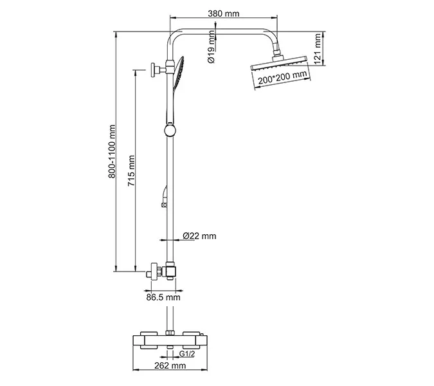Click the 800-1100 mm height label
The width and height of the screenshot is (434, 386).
(111, 151)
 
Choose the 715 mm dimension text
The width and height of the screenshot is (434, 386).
(131, 170)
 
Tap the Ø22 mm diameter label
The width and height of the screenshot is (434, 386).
(199, 236)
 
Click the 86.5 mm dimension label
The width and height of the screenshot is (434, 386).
(163, 297)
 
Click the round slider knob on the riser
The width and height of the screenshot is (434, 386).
(170, 131)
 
